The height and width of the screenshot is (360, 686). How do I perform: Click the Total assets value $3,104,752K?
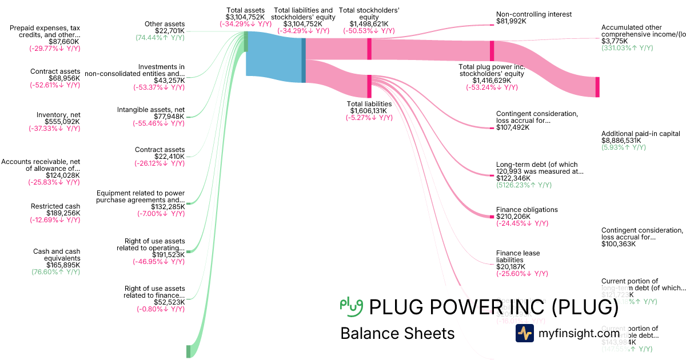coord(245,18)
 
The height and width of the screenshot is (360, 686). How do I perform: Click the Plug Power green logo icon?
coord(351,307)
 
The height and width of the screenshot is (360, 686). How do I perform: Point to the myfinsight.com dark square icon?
coord(524,333)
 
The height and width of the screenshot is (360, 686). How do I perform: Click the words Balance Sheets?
coord(397,333)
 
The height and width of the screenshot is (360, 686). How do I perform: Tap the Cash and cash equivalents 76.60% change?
coord(55,273)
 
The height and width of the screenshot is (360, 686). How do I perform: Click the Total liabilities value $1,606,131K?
coord(369,110)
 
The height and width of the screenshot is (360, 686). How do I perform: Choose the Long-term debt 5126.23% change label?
coord(524,185)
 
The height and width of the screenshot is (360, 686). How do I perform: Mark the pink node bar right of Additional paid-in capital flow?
coord(597,87)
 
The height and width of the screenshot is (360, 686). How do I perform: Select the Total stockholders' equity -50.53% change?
coord(368,31)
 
